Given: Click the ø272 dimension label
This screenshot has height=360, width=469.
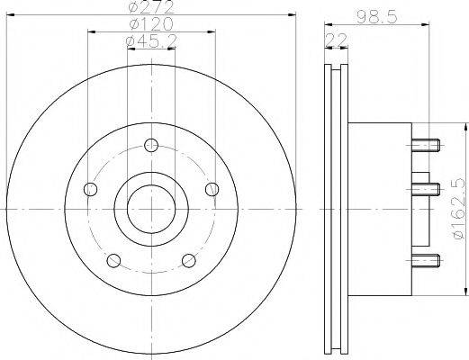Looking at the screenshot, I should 150,7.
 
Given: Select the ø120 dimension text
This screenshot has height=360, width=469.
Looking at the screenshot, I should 151,24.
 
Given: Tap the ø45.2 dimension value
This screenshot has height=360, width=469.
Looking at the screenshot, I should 151,41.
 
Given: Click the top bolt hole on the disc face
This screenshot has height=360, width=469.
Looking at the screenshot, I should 150,144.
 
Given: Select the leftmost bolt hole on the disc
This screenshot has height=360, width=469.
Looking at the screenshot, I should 89,189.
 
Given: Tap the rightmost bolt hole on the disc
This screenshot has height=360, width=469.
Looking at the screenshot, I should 212,189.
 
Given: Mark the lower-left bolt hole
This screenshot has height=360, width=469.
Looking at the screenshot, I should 113,260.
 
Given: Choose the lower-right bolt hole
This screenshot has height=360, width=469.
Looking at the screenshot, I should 189,260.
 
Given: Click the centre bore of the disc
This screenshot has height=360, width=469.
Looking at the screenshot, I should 150,209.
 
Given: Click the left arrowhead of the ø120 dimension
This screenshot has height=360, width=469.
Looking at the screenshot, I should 91,31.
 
